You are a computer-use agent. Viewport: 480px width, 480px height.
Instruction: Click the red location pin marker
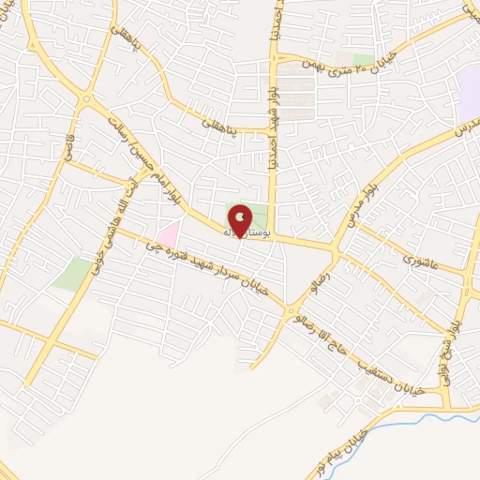click(241, 220)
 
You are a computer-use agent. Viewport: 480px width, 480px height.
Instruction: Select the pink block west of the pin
click(169, 232)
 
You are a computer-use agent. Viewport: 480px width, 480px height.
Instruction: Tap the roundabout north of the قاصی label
click(87, 99)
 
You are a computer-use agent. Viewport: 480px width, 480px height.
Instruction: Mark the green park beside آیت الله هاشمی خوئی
click(72, 273)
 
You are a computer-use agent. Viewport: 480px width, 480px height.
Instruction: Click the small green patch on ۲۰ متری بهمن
click(364, 60)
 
